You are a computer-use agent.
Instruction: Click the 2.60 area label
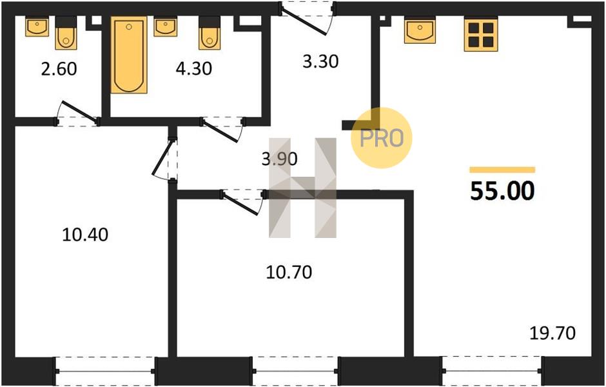tap(59, 69)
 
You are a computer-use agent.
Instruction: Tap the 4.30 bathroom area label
tap(193, 69)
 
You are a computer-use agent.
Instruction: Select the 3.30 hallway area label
tap(320, 61)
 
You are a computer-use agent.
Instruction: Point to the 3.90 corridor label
tap(279, 159)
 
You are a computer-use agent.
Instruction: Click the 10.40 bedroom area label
tap(85, 234)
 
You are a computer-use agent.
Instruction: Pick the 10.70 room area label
tap(289, 273)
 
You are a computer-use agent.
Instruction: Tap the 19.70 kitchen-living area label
tap(552, 333)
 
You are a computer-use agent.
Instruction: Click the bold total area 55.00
tap(502, 191)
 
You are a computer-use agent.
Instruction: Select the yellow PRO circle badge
tap(382, 137)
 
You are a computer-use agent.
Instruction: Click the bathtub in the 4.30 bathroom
tap(129, 55)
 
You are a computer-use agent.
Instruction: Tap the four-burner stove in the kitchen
tap(481, 34)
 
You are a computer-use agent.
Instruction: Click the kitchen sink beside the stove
tap(420, 31)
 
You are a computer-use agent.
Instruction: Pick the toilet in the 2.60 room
tap(66, 33)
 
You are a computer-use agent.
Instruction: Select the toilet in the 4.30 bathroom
tap(210, 33)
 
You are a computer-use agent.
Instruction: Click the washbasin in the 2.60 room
tap(37, 26)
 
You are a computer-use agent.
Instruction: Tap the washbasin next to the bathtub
tap(166, 26)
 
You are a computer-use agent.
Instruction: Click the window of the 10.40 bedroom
tap(105, 371)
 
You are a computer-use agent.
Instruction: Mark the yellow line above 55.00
tap(502, 170)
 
